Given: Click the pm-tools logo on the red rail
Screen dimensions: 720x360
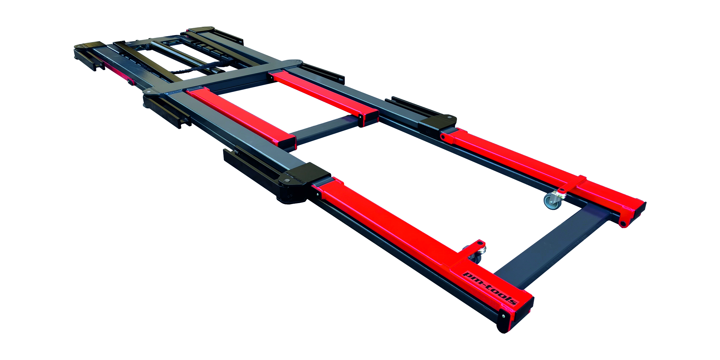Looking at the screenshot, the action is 490,288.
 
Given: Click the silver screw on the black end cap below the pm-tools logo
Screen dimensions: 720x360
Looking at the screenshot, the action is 503,316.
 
